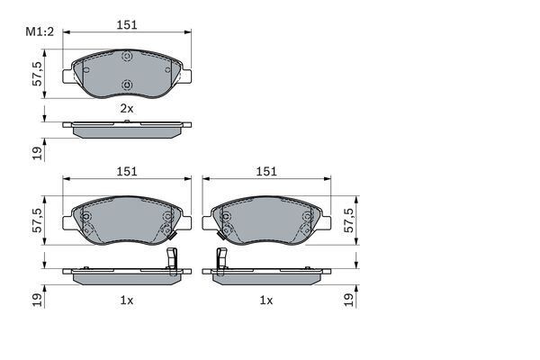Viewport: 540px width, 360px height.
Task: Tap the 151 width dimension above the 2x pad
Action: pos(127,25)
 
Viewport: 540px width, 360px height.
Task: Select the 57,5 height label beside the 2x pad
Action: pos(37,73)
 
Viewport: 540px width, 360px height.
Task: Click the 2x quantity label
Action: pos(127,109)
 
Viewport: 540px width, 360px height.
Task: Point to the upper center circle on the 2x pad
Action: pos(126,58)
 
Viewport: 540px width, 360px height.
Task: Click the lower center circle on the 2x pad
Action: pos(126,86)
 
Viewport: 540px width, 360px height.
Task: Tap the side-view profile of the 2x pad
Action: pos(126,130)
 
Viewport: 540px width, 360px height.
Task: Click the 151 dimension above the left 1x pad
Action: pos(126,171)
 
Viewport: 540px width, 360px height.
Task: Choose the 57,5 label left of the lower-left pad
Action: pos(37,221)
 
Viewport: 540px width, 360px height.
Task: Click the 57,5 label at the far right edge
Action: pos(351,221)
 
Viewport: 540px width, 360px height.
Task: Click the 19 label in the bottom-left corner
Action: pos(37,298)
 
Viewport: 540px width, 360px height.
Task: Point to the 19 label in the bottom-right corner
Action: pos(351,298)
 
